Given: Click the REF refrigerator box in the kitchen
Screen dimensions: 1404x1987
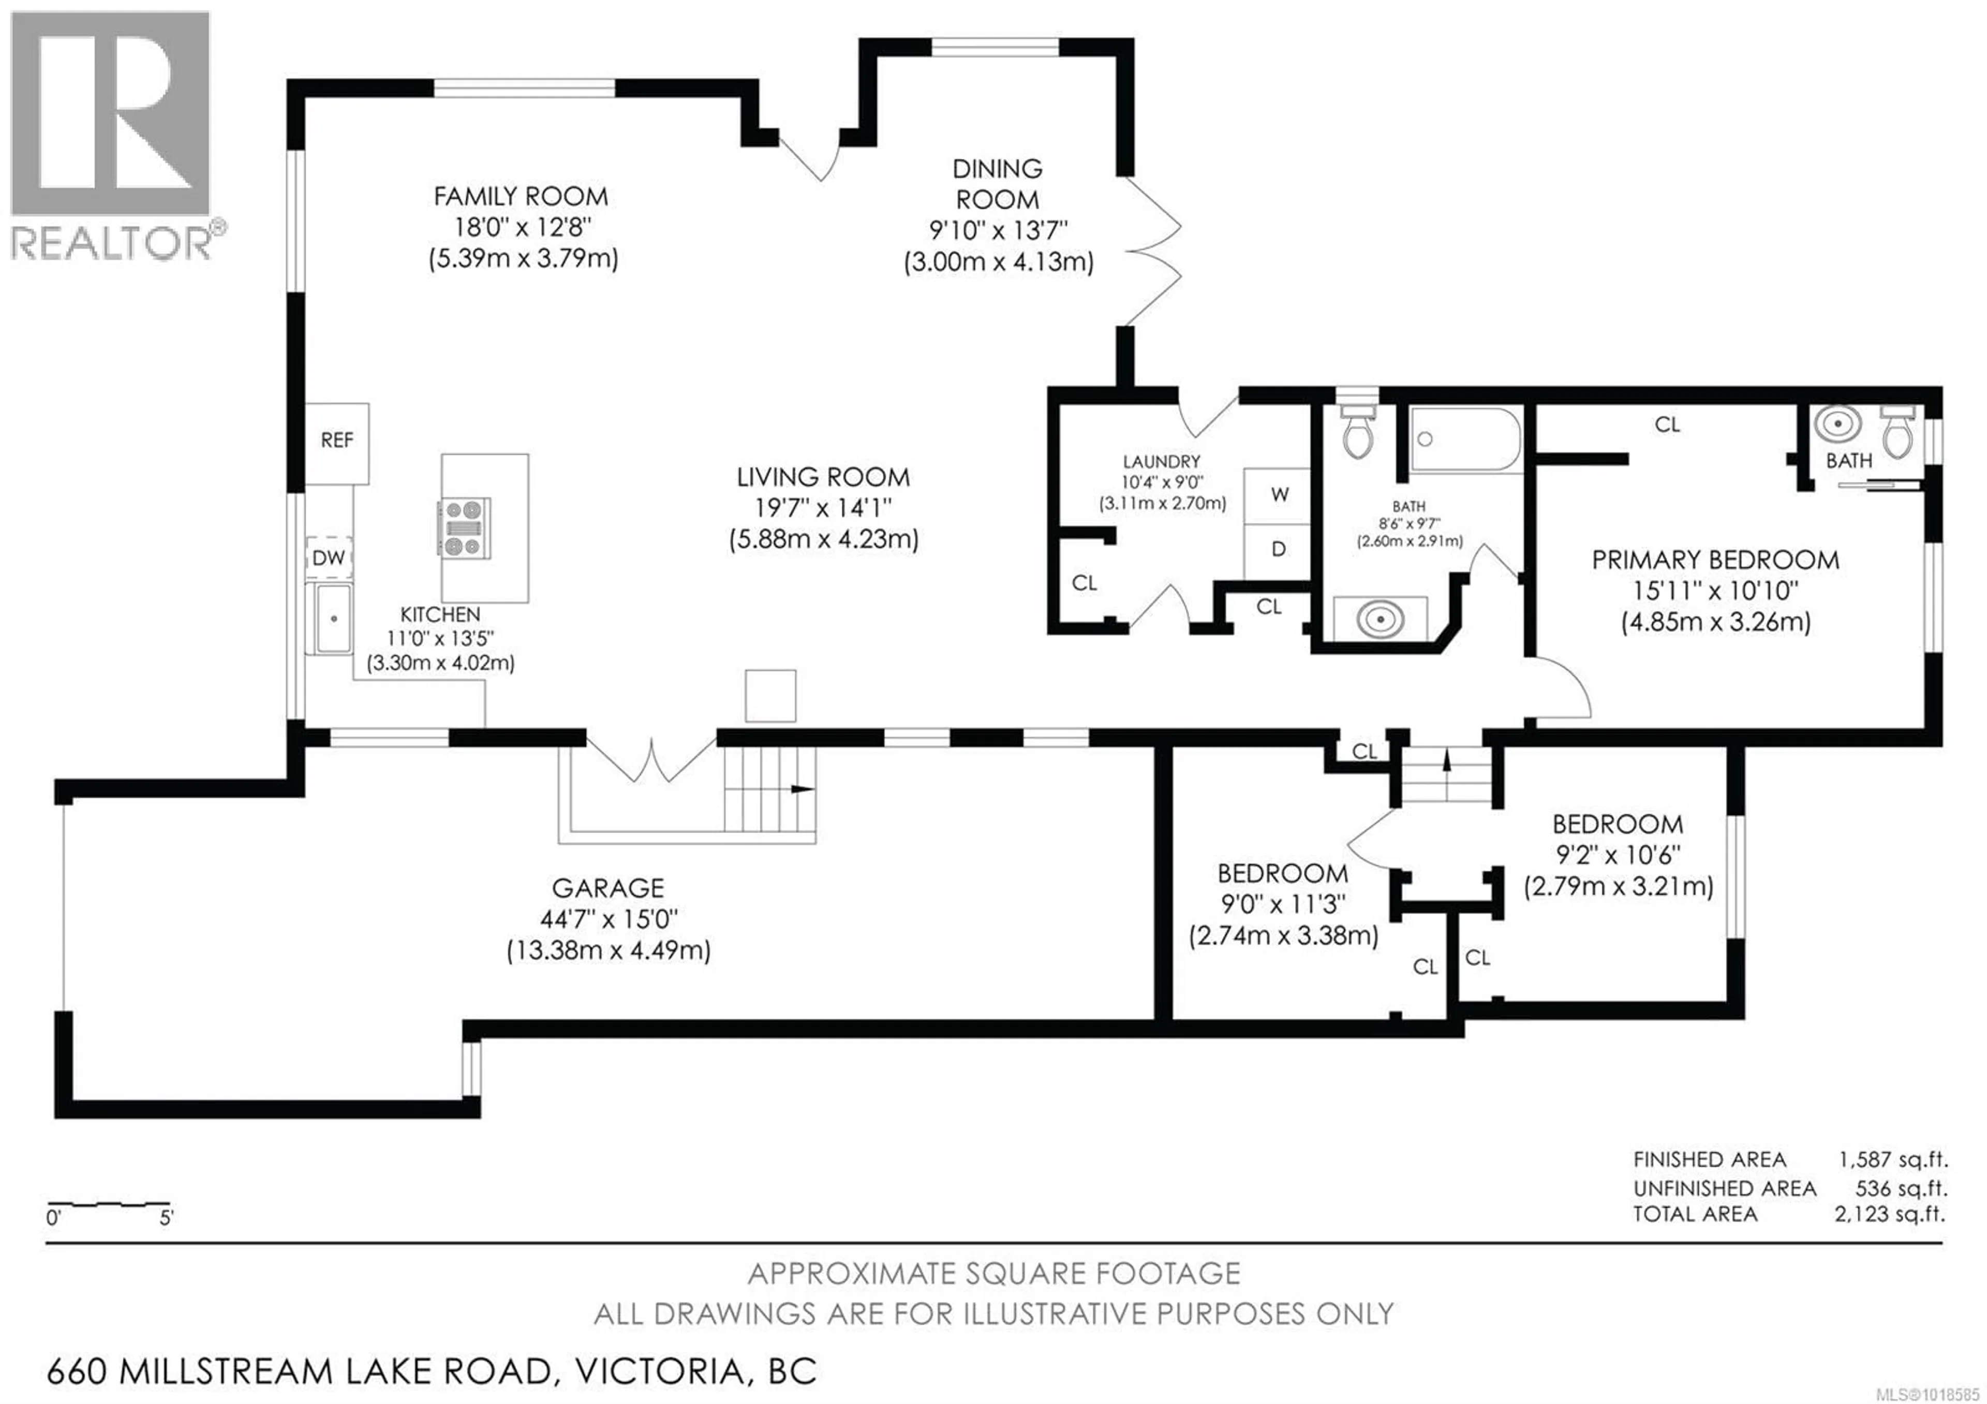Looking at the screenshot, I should (337, 442).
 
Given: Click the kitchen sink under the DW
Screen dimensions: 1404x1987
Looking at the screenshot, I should (333, 618).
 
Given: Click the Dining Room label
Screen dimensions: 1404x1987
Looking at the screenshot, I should (997, 183).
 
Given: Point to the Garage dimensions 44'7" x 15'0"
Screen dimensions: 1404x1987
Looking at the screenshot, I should (609, 918).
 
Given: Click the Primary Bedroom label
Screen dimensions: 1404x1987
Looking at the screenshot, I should (1715, 560).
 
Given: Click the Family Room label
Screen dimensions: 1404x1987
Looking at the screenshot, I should (521, 197).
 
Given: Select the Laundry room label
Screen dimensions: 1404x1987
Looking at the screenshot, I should (1161, 461).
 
